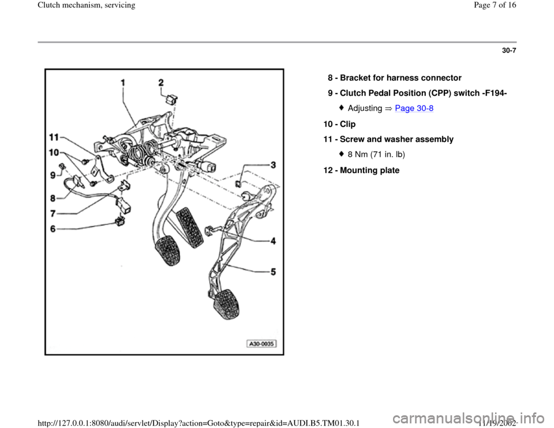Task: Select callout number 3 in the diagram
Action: [271, 166]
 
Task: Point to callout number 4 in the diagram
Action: [272, 242]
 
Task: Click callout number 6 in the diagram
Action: [53, 228]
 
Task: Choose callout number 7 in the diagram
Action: [53, 213]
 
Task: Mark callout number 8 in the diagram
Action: [53, 197]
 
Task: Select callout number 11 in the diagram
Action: [54, 137]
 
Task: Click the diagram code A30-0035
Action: [263, 344]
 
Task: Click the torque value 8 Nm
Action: [359, 155]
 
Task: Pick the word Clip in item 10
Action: [348, 124]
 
